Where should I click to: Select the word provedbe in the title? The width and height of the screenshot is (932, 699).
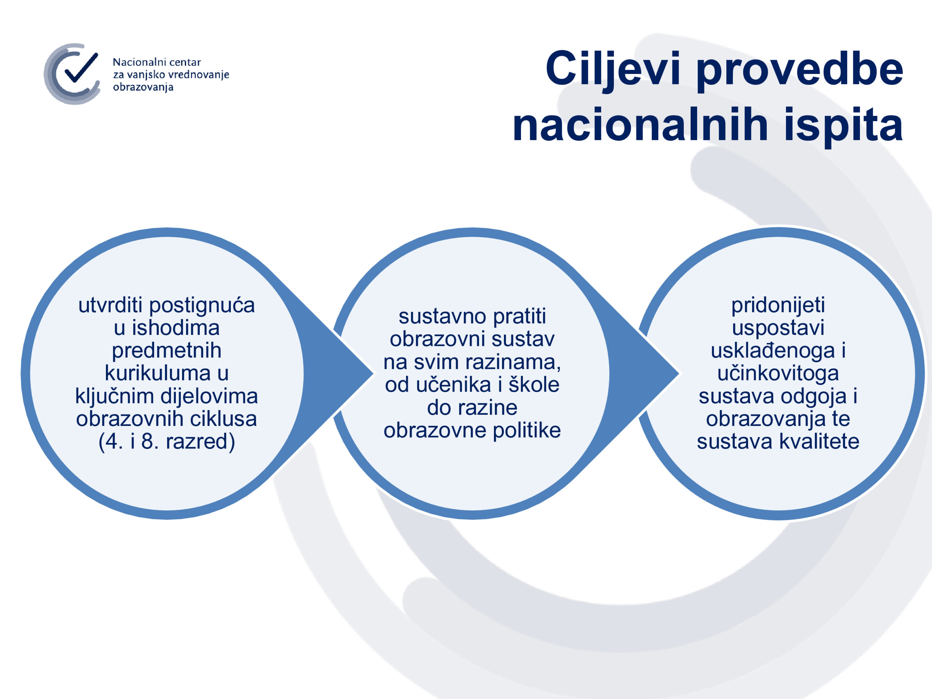pos(800,70)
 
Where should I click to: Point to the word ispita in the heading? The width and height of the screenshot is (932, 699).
pos(843,126)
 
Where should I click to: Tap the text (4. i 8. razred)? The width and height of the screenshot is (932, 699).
pos(167,442)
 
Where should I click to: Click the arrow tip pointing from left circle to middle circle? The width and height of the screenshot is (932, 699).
pos(373,373)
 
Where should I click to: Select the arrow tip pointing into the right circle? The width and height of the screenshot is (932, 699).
pos(679,373)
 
